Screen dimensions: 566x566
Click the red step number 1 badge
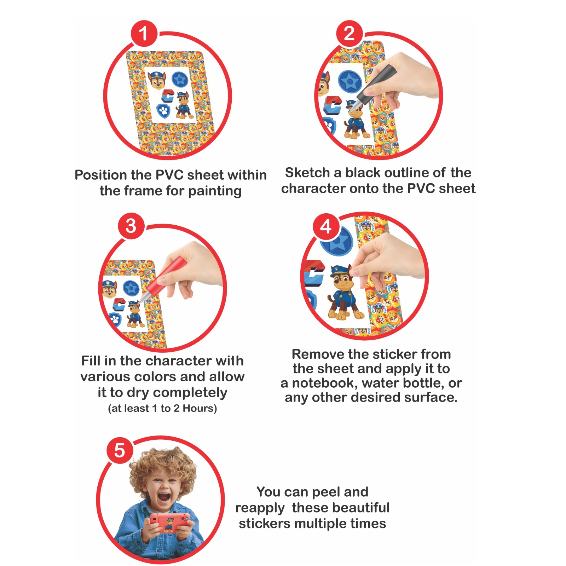(144, 34)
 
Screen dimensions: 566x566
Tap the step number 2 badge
(350, 34)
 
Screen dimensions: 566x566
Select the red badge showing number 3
(131, 226)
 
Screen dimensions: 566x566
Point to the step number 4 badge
(326, 227)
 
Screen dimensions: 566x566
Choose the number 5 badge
(120, 451)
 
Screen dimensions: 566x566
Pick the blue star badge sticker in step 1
(180, 80)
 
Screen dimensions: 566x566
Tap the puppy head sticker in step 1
(157, 80)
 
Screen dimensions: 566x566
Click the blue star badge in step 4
(336, 241)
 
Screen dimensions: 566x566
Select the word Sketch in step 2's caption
(308, 173)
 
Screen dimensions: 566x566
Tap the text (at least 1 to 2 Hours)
(162, 408)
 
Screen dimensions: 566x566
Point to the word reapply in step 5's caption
(260, 508)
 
